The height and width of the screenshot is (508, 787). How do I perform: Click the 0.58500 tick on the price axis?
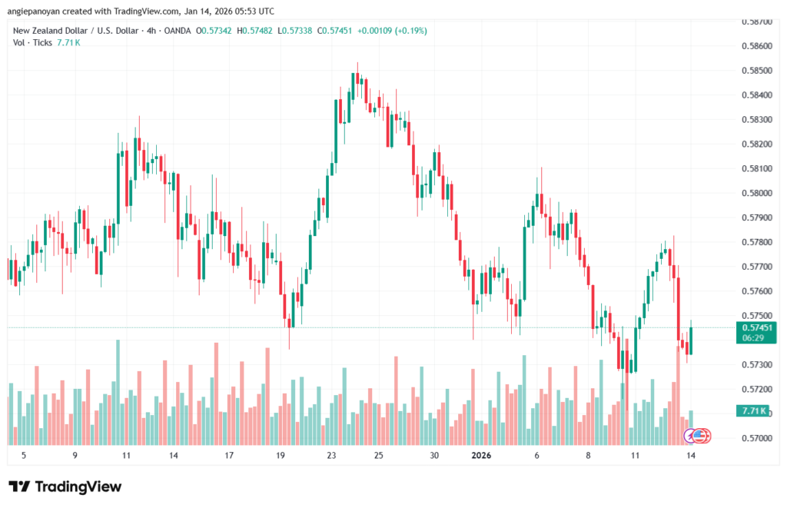(758, 71)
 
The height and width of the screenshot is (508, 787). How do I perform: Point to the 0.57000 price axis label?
(758, 438)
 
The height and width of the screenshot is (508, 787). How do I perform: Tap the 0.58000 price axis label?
(758, 193)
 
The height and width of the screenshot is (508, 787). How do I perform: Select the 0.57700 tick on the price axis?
(758, 267)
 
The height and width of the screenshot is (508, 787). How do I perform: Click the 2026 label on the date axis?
(481, 455)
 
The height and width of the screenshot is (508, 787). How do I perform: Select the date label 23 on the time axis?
(331, 455)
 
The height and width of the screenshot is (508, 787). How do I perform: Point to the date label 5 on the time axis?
(24, 455)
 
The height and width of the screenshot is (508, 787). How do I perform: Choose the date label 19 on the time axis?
(281, 455)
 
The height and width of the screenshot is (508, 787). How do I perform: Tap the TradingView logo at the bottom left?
(65, 486)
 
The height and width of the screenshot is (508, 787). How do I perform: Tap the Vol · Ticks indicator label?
(32, 42)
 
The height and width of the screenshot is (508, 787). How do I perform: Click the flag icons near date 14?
(699, 436)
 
